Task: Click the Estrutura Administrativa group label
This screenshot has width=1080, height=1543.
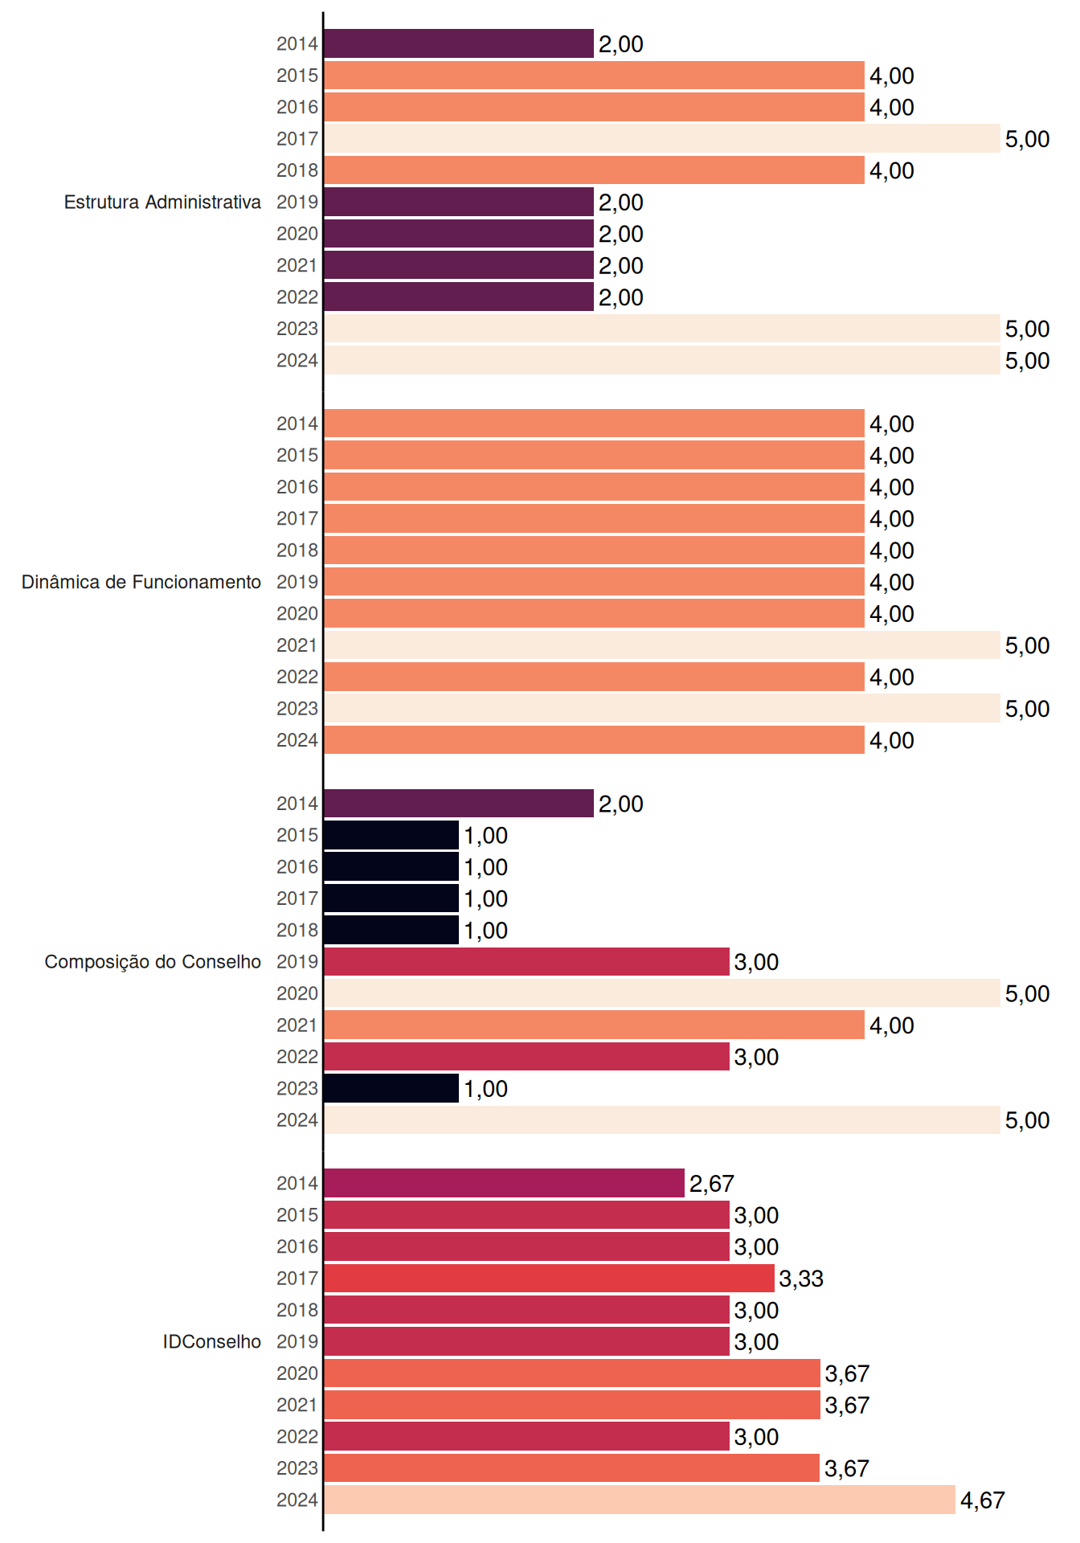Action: pos(162,202)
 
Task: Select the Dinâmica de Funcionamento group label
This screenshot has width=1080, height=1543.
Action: pos(141,582)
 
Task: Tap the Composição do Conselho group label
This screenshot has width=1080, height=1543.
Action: pos(153,962)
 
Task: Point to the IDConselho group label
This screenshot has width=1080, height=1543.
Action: pos(212,1341)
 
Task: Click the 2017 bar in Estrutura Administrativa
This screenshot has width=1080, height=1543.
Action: pos(662,138)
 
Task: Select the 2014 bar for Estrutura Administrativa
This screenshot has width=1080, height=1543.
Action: pos(459,43)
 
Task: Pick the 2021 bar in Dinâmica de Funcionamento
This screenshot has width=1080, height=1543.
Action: pos(662,645)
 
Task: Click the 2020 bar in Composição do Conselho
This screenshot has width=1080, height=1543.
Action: pos(662,993)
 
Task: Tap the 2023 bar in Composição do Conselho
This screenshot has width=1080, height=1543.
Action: pos(391,1088)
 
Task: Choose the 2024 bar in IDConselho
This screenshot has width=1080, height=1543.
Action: pos(640,1500)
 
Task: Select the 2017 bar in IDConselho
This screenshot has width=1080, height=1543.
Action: pos(550,1278)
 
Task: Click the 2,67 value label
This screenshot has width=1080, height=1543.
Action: pos(712,1184)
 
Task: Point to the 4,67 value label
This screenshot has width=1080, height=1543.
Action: pos(983,1500)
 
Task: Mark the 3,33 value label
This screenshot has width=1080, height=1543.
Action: pos(801,1279)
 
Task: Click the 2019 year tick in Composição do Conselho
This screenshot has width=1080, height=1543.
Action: pos(297,962)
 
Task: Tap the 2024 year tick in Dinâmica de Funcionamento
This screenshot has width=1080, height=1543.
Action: pos(297,740)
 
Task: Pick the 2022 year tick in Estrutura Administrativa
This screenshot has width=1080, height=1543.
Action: pos(297,297)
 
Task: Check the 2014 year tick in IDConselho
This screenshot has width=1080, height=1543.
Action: pos(297,1184)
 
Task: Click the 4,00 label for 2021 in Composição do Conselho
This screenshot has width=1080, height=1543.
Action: pos(892,1025)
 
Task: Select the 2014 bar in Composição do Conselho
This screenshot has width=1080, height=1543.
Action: pos(459,804)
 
